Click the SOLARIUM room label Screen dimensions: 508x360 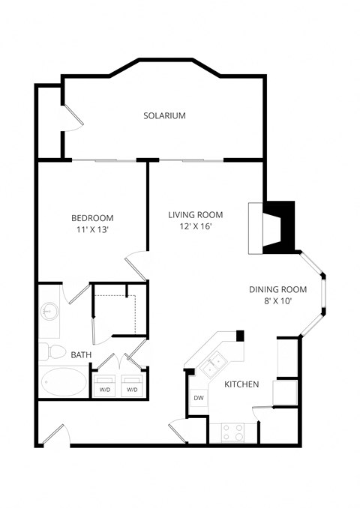pyautogui.click(x=164, y=116)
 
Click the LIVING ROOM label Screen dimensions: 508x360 pyautogui.click(x=195, y=214)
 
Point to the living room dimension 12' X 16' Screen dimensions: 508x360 pyautogui.click(x=195, y=227)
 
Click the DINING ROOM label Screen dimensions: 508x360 pyautogui.click(x=278, y=289)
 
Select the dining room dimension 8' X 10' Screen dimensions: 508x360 pyautogui.click(x=278, y=302)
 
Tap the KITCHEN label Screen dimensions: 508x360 pyautogui.click(x=241, y=384)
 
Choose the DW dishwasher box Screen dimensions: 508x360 pyautogui.click(x=198, y=399)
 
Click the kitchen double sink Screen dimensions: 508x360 pyautogui.click(x=214, y=364)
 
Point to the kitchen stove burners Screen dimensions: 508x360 pyautogui.click(x=232, y=432)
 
